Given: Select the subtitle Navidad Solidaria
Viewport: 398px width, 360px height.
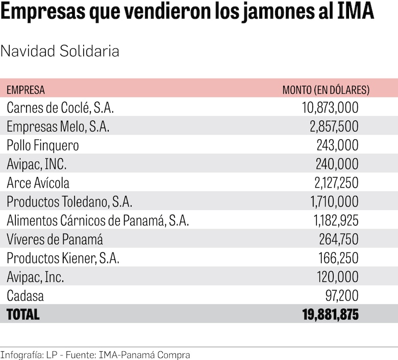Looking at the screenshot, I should coord(60,52).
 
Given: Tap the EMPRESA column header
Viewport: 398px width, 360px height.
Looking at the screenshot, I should coord(26,90).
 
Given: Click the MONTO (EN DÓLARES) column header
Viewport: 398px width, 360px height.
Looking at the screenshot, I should coord(326,90).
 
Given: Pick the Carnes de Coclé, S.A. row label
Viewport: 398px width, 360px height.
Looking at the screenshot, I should coord(60,108).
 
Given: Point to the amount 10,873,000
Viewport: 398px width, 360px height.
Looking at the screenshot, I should coord(330,108).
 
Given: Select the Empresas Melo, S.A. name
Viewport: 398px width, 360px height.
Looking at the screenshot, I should coord(58,127).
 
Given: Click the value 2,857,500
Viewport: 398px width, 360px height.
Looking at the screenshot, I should coord(334,127).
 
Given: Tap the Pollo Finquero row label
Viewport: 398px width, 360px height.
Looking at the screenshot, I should coord(43,146).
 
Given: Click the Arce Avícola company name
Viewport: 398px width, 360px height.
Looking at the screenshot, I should coord(38,183).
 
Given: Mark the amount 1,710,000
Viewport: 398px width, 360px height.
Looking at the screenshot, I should coord(334,202).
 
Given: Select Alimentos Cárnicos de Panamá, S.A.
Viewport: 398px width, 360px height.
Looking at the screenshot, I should coord(98,221).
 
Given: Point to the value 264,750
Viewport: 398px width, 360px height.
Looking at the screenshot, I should coord(338,239).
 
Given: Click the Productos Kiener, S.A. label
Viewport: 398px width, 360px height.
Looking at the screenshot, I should coord(63,258).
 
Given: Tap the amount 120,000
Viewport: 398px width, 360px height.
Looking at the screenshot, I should coord(338,277).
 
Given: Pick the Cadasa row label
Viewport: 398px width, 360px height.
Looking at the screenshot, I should coord(25,296).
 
